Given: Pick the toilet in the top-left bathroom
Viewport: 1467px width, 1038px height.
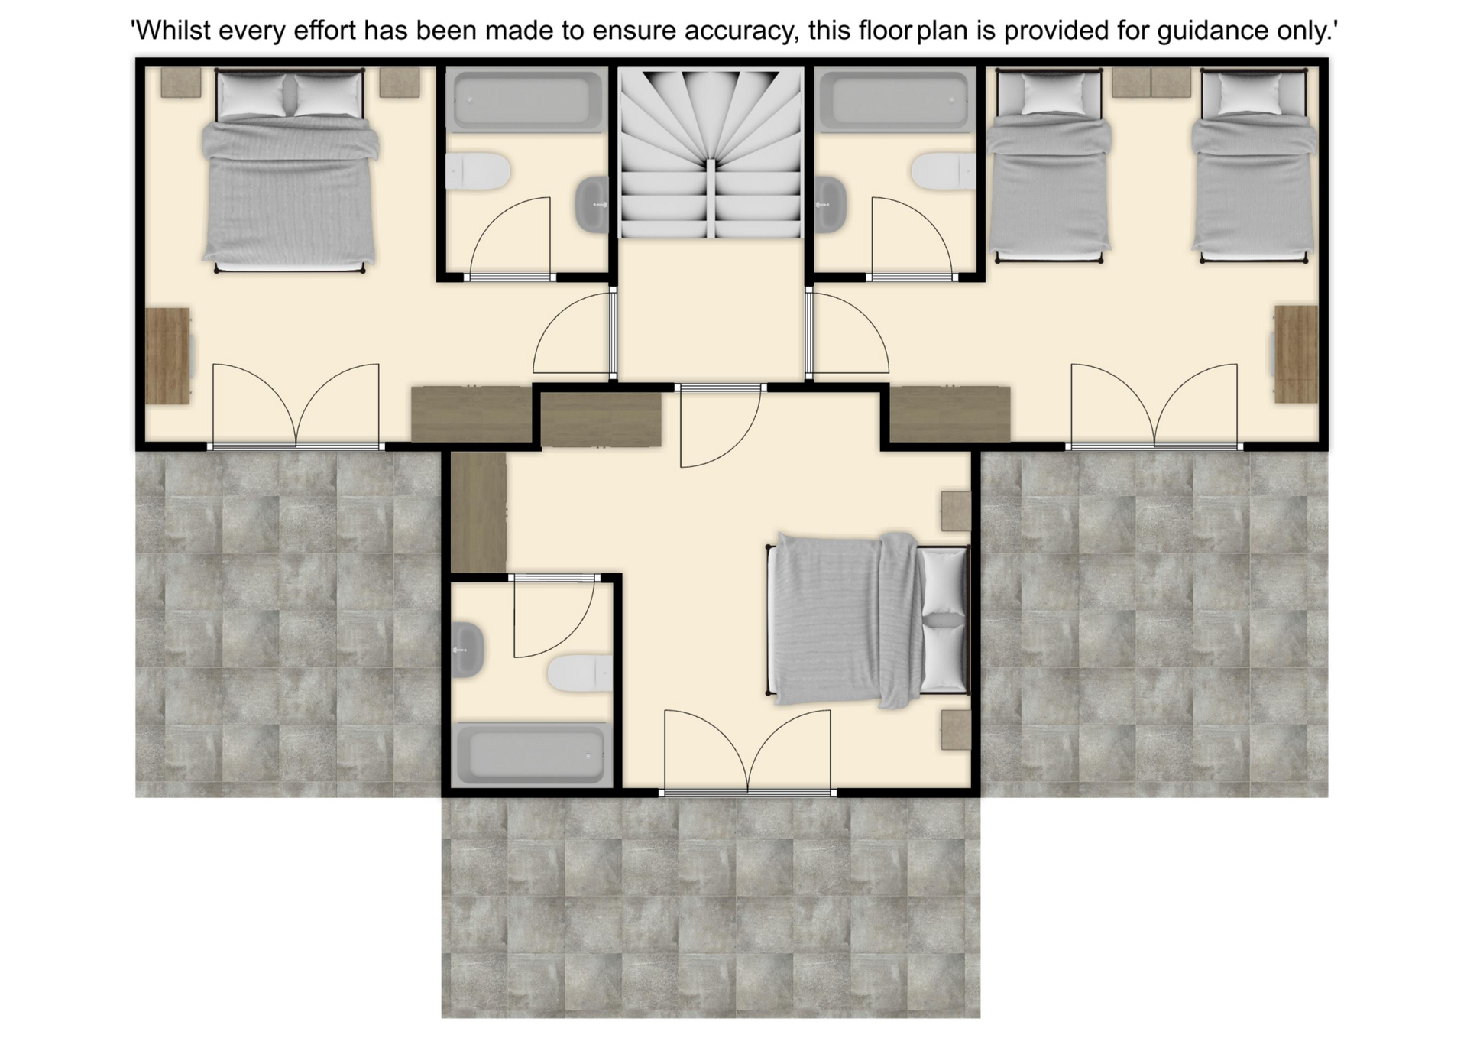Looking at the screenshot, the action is [x=478, y=171].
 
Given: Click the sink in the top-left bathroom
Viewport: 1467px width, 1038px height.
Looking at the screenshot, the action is [x=592, y=205].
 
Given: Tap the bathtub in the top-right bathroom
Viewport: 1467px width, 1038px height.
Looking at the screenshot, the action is [x=895, y=99].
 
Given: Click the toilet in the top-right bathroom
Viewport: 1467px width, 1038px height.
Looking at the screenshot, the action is [x=944, y=170].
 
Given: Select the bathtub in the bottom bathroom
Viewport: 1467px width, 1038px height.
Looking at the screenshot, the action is [x=532, y=754].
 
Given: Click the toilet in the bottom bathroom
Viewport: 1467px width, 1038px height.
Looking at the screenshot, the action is [x=580, y=673].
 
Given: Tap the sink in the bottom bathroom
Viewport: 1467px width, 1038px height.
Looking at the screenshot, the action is [x=468, y=650].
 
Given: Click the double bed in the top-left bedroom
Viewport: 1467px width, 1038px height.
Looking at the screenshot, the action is [x=290, y=170].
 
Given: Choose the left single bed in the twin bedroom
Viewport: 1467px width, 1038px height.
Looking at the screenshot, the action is [x=1048, y=165].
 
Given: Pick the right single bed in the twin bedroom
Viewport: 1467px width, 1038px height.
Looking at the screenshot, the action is [x=1254, y=165].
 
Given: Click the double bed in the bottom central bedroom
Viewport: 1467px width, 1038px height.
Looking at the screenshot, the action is [x=868, y=620].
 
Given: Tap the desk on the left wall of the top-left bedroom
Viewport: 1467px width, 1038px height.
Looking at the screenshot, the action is [x=168, y=355].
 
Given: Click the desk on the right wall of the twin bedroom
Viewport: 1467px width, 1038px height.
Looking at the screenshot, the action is [x=1296, y=354].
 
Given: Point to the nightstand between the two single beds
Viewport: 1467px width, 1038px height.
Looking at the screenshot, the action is [x=1151, y=83].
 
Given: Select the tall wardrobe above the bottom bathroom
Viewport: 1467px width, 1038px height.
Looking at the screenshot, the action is [x=478, y=511].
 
